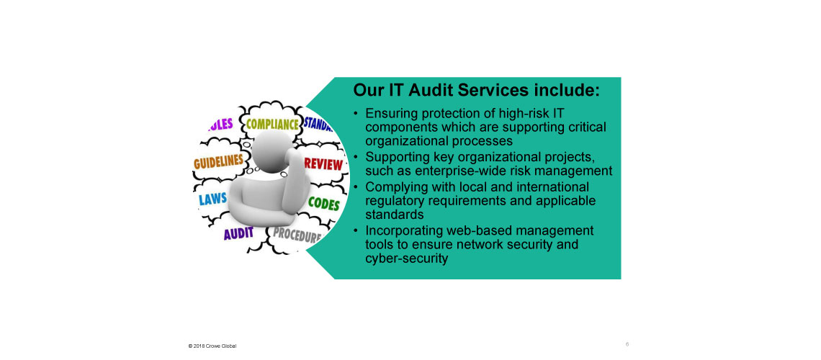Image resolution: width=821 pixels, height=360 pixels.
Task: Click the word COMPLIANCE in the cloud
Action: pos(272,125)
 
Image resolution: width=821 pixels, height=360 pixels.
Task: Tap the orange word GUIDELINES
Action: pos(218,162)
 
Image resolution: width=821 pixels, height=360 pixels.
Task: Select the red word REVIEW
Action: pos(323,163)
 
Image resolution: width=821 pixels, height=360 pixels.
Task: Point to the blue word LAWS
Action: pos(212,198)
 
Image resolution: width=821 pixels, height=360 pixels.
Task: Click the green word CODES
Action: pos(323,203)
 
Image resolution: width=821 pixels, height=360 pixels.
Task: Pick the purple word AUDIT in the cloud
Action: pos(238,233)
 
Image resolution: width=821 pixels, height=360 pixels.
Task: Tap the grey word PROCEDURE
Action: pos(297,235)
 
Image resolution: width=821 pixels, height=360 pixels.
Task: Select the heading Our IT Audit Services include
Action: pos(477,90)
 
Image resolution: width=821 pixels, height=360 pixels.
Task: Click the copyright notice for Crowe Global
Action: pos(212,346)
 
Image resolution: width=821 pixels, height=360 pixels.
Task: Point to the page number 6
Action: pos(627,344)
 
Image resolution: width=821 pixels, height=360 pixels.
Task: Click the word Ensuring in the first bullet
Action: pos(388,114)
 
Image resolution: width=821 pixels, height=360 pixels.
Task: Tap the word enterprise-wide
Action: pos(442,171)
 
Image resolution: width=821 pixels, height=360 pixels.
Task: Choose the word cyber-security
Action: pos(407,258)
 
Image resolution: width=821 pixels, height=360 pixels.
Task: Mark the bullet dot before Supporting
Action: pos(356,157)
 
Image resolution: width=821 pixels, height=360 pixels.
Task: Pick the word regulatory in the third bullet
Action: pos(392,201)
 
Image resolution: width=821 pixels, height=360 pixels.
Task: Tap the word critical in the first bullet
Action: pos(586,127)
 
